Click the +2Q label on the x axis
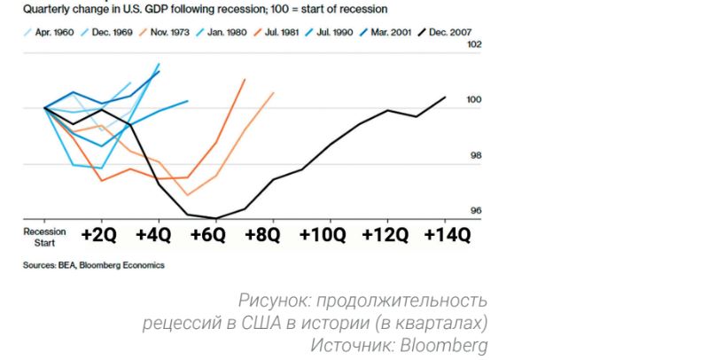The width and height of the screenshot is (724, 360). (98, 235)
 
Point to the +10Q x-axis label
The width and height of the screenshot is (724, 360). (328, 235)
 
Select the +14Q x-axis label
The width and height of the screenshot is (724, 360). (447, 235)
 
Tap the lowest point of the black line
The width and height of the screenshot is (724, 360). (215, 218)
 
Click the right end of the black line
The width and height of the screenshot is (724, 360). (445, 97)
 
